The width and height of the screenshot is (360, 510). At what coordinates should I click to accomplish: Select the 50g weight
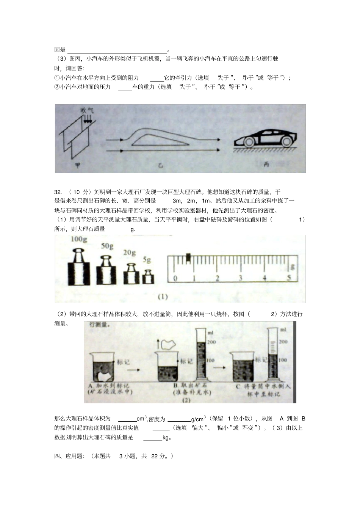coord(106,269)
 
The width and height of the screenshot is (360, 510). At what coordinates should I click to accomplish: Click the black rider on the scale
coord(188,257)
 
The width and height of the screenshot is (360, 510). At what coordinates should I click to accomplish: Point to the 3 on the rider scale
coord(240,278)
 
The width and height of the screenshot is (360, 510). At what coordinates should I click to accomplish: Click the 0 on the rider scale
coord(175,278)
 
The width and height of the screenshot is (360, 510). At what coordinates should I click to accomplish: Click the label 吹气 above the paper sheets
coord(87,111)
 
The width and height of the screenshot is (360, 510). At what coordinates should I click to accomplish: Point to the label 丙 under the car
coord(266,165)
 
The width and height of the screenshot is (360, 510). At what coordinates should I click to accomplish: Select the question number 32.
coord(58,192)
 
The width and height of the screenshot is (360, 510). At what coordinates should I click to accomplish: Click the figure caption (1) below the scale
coord(163,297)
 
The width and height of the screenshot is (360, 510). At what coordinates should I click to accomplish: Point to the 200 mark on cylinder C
coord(283,342)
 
